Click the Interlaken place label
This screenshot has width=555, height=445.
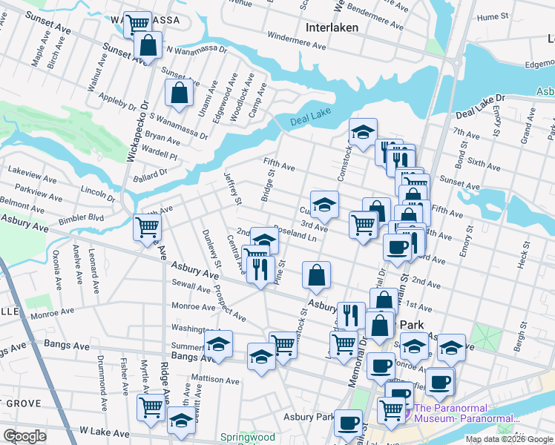click(x=332, y=27)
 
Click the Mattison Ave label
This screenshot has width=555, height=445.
click(x=216, y=379)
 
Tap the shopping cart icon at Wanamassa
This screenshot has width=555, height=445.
click(x=137, y=24)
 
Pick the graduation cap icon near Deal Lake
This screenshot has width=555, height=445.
click(x=362, y=133)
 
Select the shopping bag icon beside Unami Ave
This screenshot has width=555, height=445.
click(x=179, y=93)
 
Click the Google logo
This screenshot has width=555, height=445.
click(x=25, y=436)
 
